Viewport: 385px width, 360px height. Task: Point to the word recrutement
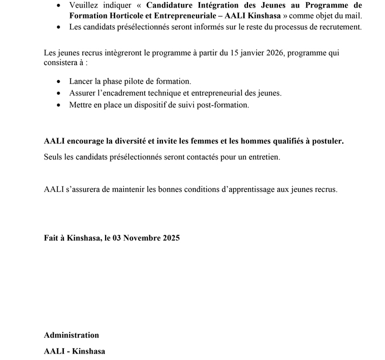coord(335,27)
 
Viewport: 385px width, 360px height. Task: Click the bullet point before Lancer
coord(59,81)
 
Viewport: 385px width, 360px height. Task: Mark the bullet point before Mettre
coord(59,105)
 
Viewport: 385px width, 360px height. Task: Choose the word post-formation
coord(225,105)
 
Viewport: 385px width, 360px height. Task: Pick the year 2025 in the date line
coord(170,238)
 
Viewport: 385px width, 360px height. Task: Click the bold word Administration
coord(71,335)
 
